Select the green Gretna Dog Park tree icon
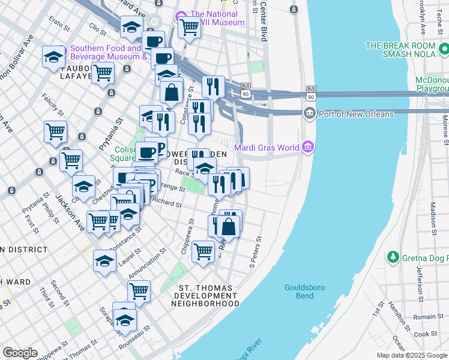tap(393, 257)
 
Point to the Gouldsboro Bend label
tap(304, 292)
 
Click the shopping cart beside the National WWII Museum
tap(189, 27)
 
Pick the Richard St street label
tap(167, 203)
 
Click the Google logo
tap(20, 353)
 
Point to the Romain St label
tap(428, 316)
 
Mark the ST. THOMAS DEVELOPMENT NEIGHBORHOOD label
tap(205, 296)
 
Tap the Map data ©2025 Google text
tap(411, 355)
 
